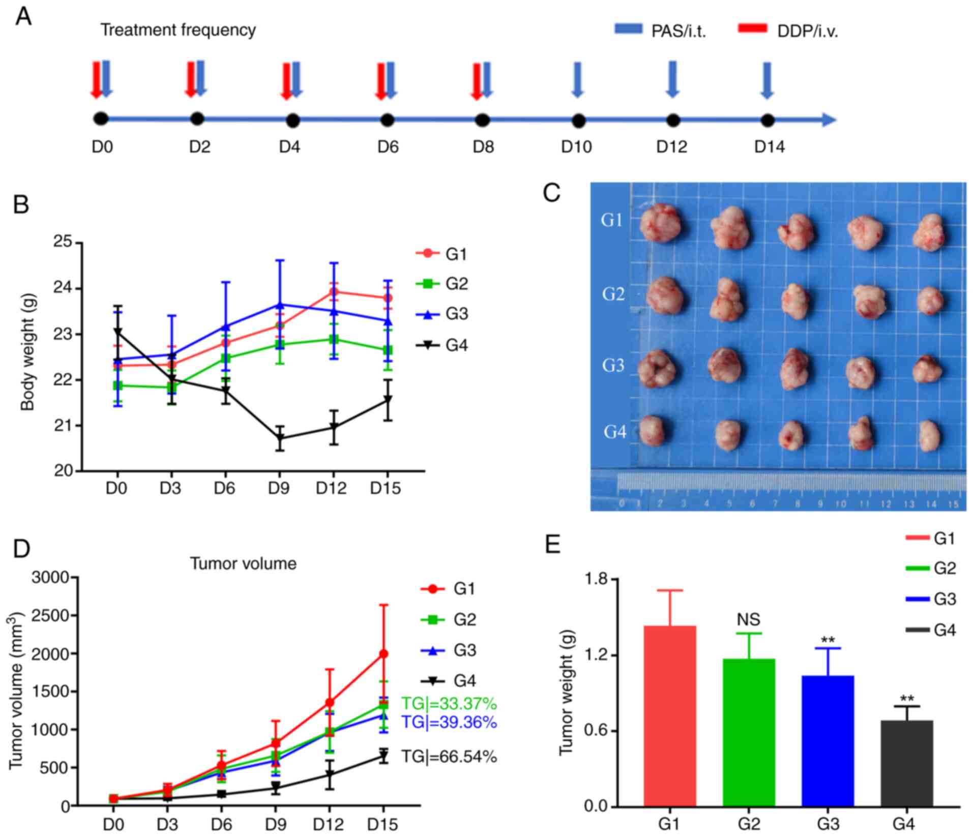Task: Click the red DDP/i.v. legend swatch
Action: [x=752, y=28]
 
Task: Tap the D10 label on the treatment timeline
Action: [x=576, y=147]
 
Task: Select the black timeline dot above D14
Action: [x=768, y=121]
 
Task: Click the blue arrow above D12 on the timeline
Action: [x=672, y=79]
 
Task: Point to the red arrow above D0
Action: [x=96, y=79]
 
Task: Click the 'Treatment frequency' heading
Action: [x=178, y=30]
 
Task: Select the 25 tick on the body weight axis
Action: [x=63, y=242]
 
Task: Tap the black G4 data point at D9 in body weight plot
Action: [x=279, y=438]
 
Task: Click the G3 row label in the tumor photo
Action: [x=613, y=365]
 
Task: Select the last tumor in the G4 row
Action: [x=930, y=435]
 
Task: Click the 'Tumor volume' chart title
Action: [x=243, y=563]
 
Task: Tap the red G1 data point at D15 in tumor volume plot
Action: [x=384, y=654]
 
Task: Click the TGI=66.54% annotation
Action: [x=449, y=757]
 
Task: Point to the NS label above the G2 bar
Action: [x=748, y=619]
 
